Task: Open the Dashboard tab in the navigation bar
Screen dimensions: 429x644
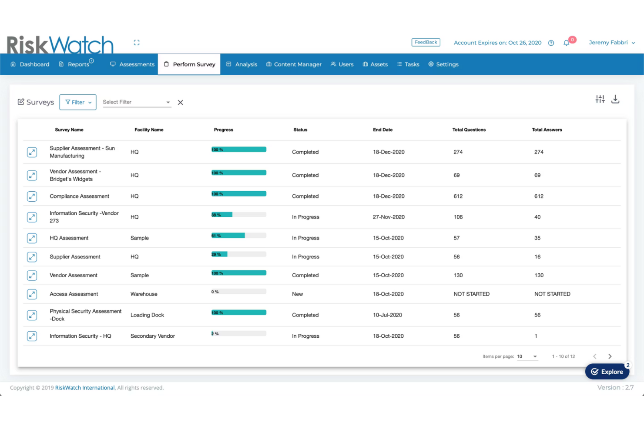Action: pos(30,64)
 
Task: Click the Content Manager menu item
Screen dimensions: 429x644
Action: pos(294,64)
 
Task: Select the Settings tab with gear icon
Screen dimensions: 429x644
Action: pos(443,64)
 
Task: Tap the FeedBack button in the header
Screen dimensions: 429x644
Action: pos(426,42)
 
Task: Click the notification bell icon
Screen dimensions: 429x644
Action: pos(566,43)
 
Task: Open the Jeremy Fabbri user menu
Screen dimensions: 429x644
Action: pos(611,43)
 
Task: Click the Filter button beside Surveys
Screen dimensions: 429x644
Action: pos(78,102)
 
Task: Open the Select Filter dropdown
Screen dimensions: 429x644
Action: pos(136,102)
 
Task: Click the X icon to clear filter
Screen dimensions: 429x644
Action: pos(180,103)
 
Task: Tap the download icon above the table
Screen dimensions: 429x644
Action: pos(615,100)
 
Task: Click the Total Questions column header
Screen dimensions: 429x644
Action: pos(469,130)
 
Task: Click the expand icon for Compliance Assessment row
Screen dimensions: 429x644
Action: pos(32,196)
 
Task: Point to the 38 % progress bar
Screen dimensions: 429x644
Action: pos(238,215)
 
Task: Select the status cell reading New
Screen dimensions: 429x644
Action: pos(298,294)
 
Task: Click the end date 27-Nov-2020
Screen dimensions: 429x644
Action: pos(389,217)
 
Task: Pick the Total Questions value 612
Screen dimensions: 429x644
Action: pos(458,196)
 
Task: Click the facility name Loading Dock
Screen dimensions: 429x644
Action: pos(147,315)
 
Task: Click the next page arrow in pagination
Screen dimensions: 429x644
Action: pos(610,356)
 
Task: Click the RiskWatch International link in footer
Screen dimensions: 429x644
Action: pos(85,388)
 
